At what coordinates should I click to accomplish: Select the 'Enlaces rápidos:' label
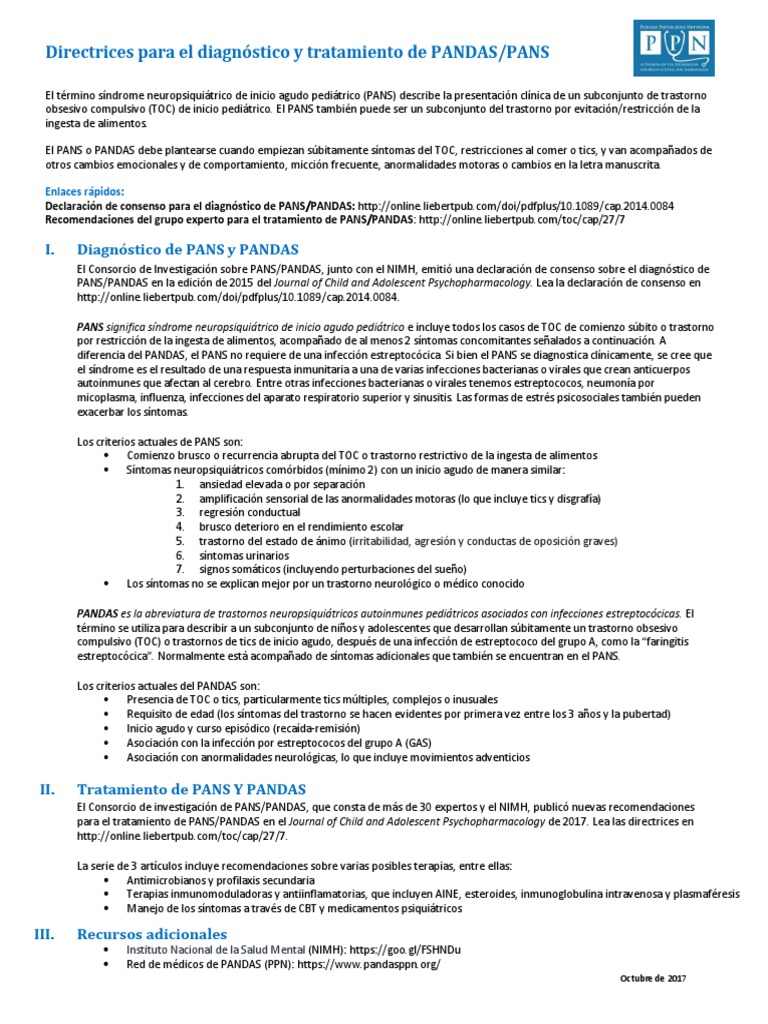click(85, 192)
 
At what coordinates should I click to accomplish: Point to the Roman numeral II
click(47, 789)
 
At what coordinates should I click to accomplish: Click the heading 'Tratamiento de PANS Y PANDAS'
click(191, 789)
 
